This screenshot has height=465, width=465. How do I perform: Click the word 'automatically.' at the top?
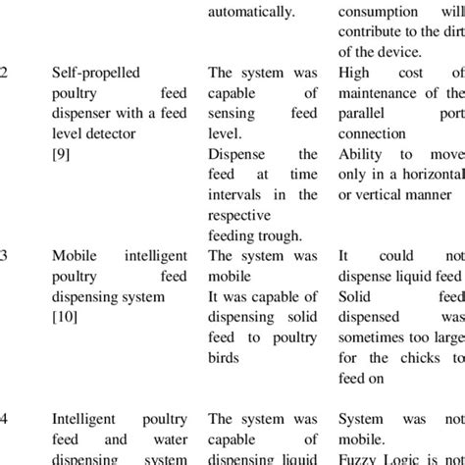click(x=251, y=12)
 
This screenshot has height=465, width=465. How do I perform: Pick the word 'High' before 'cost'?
click(x=355, y=73)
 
